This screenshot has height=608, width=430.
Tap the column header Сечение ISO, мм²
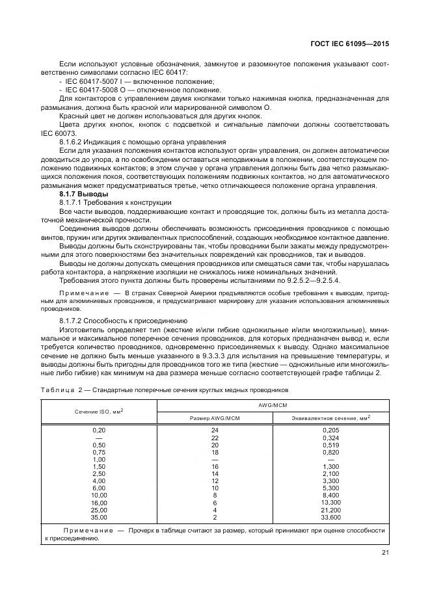pyautogui.click(x=99, y=412)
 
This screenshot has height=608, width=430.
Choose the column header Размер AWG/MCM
pyautogui.click(x=215, y=418)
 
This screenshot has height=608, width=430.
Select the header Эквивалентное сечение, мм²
pyautogui.click(x=332, y=418)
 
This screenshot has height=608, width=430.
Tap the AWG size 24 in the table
pyautogui.click(x=215, y=430)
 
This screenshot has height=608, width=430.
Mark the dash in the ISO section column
pyautogui.click(x=99, y=438)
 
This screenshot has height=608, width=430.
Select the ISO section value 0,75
pyautogui.click(x=99, y=452)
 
